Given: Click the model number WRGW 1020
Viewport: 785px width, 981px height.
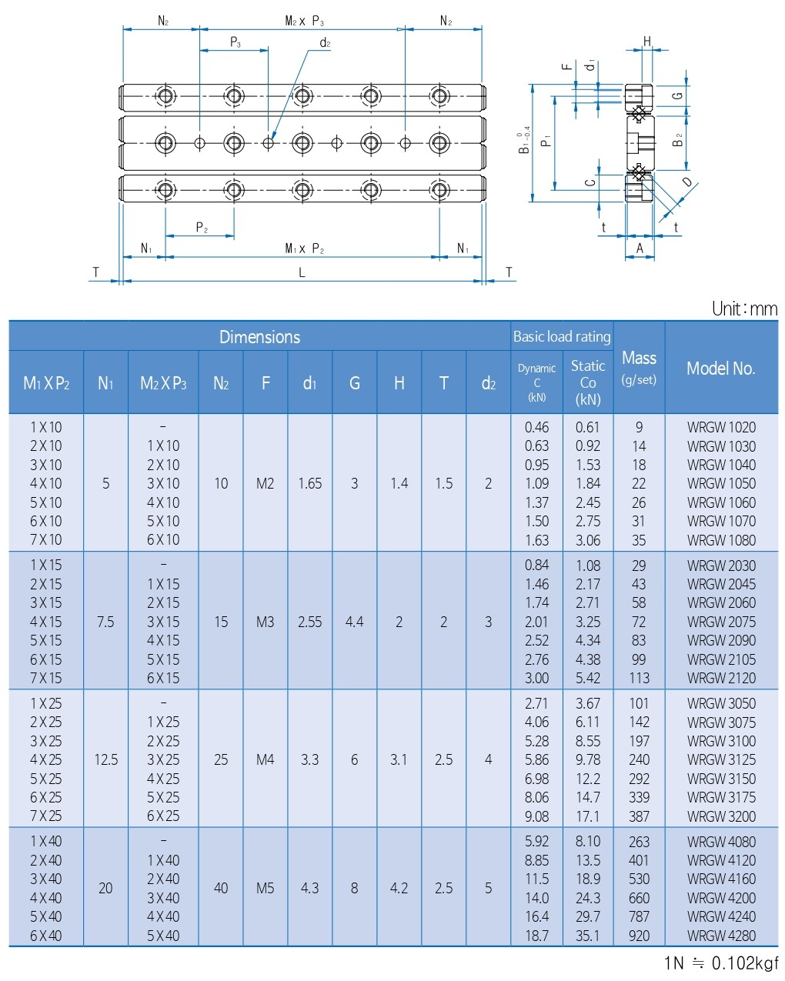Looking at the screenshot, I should (721, 427).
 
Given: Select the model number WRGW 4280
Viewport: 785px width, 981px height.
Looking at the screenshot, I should (721, 936).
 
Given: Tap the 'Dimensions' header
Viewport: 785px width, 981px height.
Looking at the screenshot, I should (259, 337).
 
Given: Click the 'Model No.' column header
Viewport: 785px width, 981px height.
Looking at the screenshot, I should (721, 369).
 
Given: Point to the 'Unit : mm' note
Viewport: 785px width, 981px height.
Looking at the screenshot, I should (744, 309).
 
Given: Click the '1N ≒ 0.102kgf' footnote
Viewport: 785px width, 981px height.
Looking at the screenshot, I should (721, 963).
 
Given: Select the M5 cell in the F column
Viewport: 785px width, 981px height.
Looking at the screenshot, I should (265, 888).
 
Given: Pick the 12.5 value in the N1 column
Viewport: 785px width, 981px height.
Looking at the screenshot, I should (105, 759).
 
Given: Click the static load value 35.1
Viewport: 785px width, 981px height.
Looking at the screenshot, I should (588, 936).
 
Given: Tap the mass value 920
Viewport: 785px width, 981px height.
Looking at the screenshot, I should (639, 936).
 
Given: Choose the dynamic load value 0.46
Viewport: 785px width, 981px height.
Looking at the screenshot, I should (536, 427).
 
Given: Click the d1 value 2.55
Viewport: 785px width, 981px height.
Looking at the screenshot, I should (309, 622).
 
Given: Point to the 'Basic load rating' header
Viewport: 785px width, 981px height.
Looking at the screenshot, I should (562, 336).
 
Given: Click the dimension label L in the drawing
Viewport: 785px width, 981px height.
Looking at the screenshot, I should (302, 272).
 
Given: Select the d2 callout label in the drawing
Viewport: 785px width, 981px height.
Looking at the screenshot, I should (325, 43).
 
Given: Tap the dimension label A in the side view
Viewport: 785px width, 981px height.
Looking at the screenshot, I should (640, 248).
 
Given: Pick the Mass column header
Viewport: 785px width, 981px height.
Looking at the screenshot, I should (639, 367).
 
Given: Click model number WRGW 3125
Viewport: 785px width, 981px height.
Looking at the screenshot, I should (721, 759).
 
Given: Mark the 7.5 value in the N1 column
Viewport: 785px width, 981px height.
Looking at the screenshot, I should (105, 622).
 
